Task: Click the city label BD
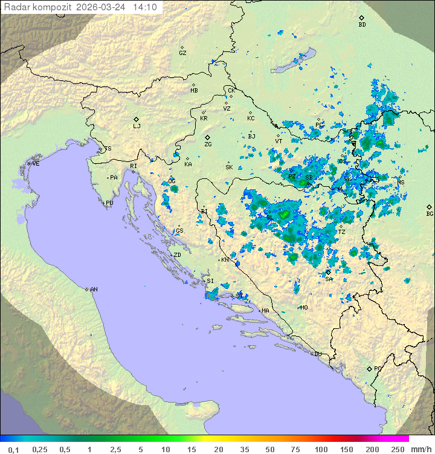point(362,25)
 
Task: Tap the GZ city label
point(182,53)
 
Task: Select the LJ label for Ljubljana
point(137,126)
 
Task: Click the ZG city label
point(208,144)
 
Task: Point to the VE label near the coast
point(36,164)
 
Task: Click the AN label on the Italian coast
point(94,290)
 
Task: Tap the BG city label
point(430,213)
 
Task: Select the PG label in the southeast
point(378,368)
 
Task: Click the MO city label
point(304,307)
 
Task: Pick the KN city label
point(225,260)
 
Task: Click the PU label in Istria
point(109,203)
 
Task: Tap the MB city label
point(194,91)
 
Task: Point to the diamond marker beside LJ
point(137,119)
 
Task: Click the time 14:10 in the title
point(145,7)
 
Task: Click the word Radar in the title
point(16,7)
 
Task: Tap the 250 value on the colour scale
point(398,449)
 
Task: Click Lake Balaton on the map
point(295,61)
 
